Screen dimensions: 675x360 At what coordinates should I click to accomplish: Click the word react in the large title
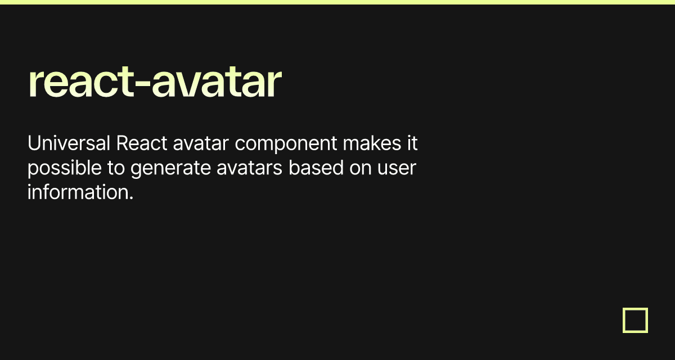coord(81,82)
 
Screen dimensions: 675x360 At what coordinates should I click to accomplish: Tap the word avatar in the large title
coord(217,82)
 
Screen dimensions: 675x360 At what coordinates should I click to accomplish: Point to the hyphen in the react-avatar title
coord(142,85)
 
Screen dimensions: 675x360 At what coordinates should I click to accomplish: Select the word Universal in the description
coord(69,143)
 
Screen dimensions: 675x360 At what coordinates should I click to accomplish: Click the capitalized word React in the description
coord(142,143)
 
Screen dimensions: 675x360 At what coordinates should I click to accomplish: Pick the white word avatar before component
coord(201,143)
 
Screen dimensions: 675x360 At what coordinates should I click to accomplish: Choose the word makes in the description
coord(372,143)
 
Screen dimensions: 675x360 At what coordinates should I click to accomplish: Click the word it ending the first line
coord(412,143)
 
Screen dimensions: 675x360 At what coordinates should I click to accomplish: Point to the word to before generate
coord(116,168)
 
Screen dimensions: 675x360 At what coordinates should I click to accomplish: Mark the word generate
coord(170,169)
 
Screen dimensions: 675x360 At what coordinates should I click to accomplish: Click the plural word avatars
coord(250,168)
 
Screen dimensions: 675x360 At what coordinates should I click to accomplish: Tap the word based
coord(316,168)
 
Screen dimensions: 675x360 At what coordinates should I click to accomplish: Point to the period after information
coord(131,199)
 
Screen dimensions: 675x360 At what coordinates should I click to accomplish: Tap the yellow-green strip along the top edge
coord(337,2)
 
